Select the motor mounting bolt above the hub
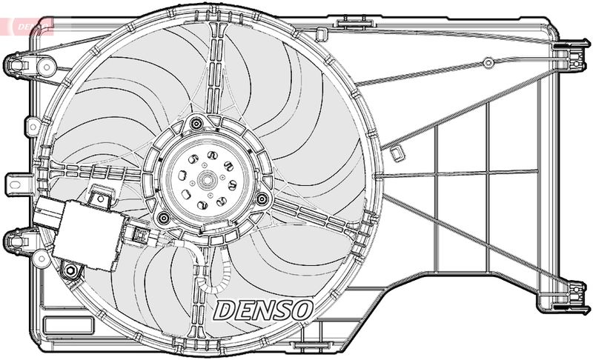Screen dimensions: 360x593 point(196,124)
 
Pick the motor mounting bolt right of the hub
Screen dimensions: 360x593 point(262,198)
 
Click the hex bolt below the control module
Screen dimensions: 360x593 point(72,270)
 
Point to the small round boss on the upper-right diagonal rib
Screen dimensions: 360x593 point(488,63)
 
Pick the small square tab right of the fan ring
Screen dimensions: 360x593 point(397,153)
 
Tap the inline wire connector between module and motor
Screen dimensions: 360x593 point(140,236)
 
